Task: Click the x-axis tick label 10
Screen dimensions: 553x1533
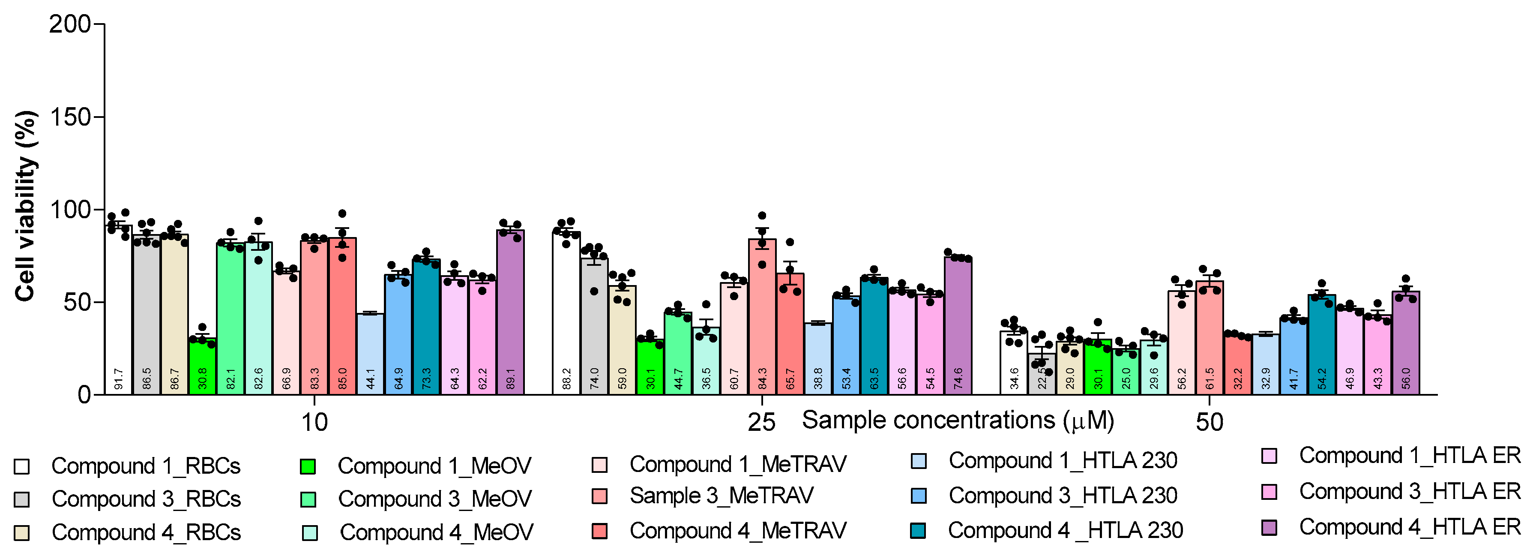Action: (314, 423)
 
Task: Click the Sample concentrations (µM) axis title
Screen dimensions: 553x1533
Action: (958, 420)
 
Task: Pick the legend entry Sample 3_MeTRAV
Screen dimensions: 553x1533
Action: (721, 495)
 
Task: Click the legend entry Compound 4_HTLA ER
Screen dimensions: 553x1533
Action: (1409, 527)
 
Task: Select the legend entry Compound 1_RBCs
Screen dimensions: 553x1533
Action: (145, 466)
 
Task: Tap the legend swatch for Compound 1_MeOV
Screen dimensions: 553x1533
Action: (308, 466)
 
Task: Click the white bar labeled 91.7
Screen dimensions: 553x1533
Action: (118, 310)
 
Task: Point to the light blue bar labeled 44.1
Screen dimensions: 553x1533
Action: (370, 354)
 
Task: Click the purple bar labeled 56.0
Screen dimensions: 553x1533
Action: (1406, 342)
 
